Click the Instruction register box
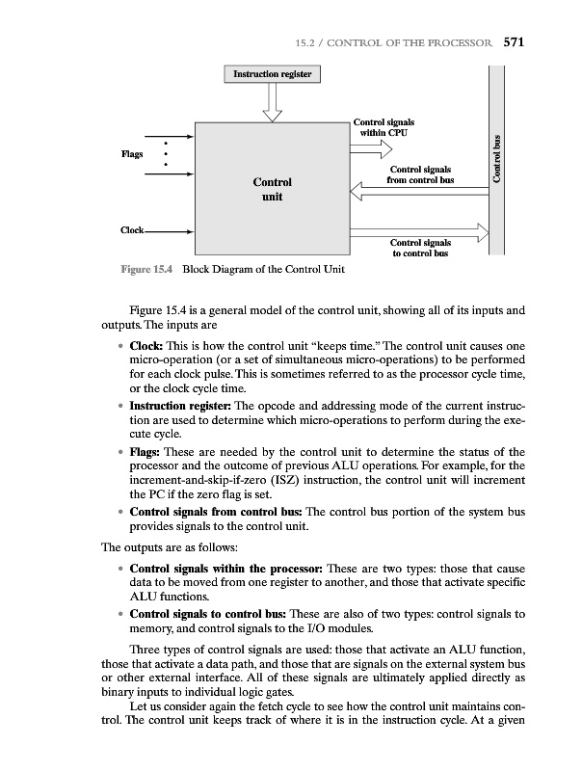point(273,74)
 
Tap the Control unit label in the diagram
point(272,190)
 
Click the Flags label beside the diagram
point(133,153)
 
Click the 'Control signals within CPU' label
point(384,127)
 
